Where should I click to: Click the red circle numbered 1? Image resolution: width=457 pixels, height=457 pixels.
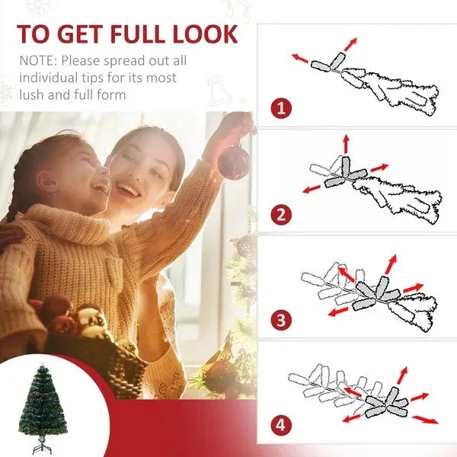tap(281, 107)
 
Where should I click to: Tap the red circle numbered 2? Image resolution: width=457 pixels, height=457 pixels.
tap(281, 213)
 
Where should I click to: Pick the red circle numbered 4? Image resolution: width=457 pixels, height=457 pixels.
tap(281, 424)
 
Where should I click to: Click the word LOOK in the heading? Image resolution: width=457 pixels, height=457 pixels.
tap(211, 34)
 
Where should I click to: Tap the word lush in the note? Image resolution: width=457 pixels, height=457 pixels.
tap(32, 95)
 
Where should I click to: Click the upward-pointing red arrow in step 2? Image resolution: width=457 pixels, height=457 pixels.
tap(345, 142)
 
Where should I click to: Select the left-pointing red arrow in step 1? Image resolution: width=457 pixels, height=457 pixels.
tap(301, 58)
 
